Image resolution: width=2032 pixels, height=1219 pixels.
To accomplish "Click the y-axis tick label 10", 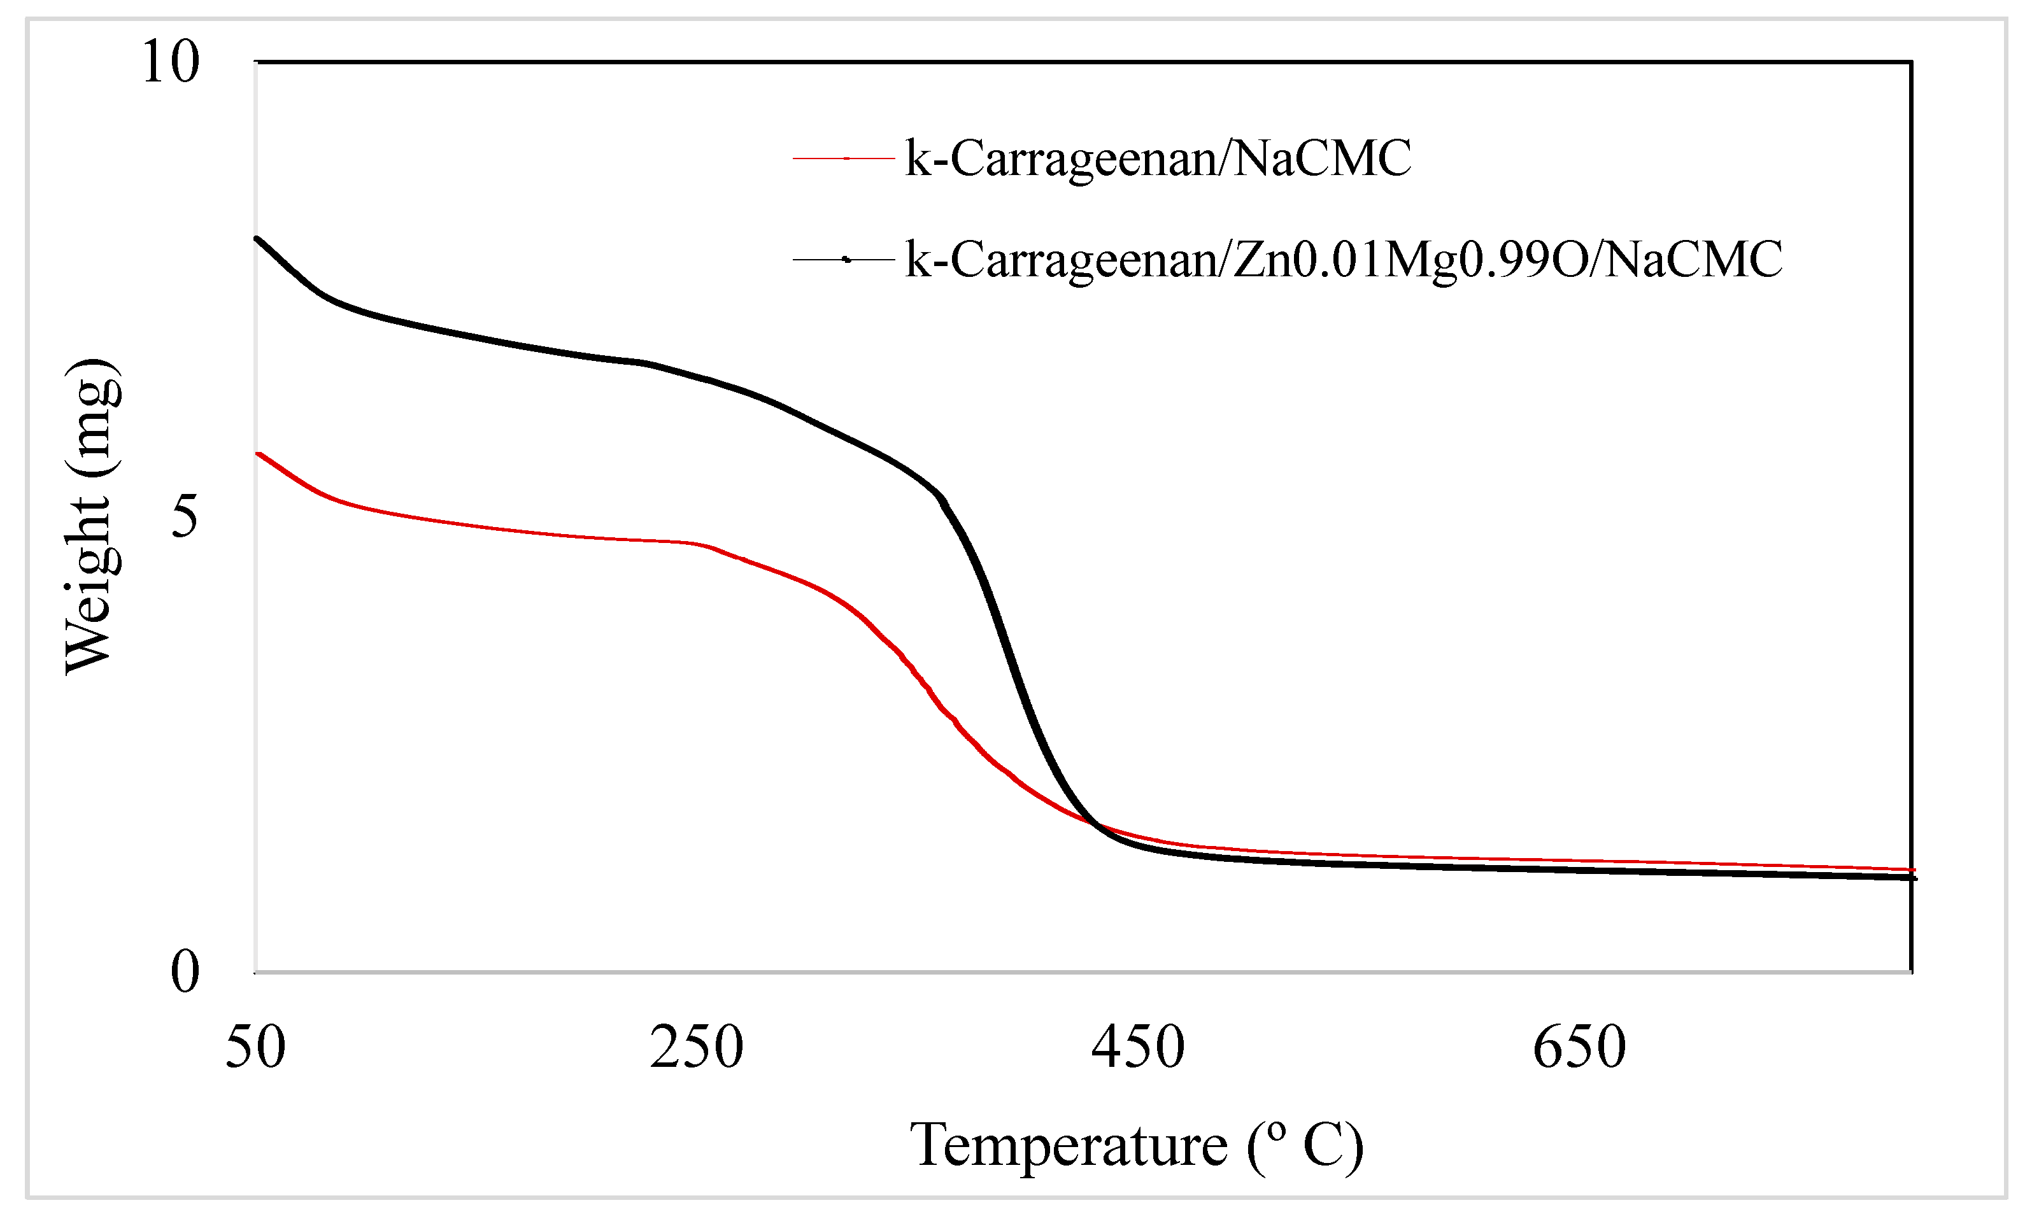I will tap(170, 62).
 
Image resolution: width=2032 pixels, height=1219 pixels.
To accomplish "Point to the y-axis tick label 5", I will tap(185, 517).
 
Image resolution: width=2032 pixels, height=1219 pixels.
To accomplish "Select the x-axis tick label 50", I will tap(255, 1047).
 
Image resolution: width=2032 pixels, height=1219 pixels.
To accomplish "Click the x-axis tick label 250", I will tap(697, 1047).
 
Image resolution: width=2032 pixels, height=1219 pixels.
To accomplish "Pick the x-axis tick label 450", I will tap(1138, 1047).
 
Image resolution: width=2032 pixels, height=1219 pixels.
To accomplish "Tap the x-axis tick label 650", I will tap(1579, 1047).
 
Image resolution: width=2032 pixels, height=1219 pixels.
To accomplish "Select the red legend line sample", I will tap(844, 158).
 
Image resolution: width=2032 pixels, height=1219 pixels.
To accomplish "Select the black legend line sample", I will tap(844, 260).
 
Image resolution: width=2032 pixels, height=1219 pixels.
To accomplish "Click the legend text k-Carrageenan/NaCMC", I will tap(1158, 158).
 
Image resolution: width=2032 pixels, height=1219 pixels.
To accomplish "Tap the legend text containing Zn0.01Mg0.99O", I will tap(1344, 260).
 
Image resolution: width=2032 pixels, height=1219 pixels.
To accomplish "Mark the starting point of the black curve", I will tap(257, 238).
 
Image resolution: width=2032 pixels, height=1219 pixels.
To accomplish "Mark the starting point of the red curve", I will tap(259, 453).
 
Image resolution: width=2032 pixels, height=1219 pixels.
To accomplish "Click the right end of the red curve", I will tap(1913, 869).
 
